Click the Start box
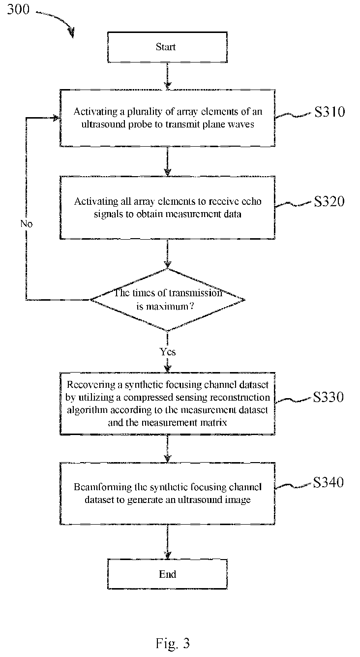(x=167, y=47)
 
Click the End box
(x=167, y=574)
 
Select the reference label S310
(x=330, y=112)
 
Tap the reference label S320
(x=330, y=201)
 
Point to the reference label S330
(x=329, y=397)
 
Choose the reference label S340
(x=329, y=482)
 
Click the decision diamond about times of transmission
(x=167, y=300)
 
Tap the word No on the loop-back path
(x=27, y=224)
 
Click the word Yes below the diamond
(x=168, y=351)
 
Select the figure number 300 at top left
(x=18, y=9)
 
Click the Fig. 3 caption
(x=173, y=643)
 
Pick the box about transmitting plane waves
(x=167, y=118)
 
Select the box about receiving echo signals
(x=167, y=208)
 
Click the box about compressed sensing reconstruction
(x=167, y=403)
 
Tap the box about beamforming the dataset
(x=167, y=493)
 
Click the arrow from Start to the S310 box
(x=167, y=76)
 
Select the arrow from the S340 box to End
(x=167, y=541)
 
